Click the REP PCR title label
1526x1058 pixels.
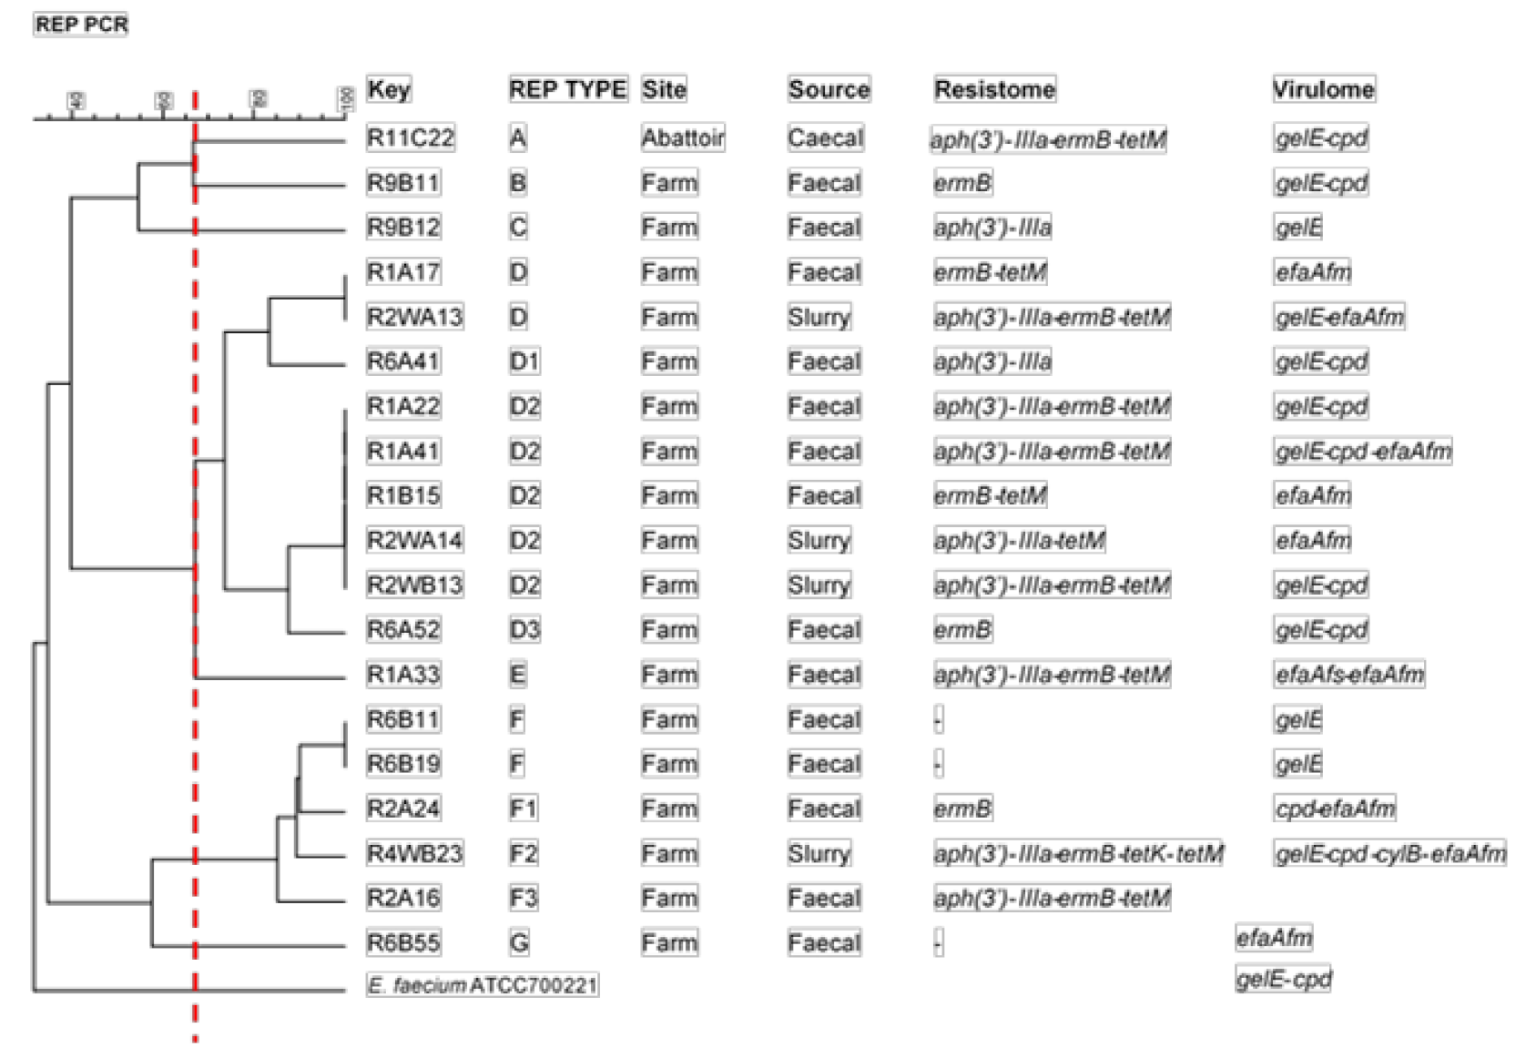coord(81,24)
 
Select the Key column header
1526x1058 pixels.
coord(389,89)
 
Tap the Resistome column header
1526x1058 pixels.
coord(994,89)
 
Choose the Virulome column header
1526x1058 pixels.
coord(1323,89)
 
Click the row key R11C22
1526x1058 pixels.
coord(410,137)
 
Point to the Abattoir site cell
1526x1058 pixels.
coord(683,137)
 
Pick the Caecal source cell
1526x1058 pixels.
coord(825,137)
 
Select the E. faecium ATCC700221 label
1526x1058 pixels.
coord(483,985)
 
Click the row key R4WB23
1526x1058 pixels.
coord(414,853)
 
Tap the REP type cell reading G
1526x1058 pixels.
coord(519,942)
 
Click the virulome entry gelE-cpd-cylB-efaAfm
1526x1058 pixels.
coord(1389,853)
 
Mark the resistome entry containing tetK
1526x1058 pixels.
coord(1078,853)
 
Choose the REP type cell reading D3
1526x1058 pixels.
coord(524,630)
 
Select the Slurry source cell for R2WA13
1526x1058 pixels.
coord(819,317)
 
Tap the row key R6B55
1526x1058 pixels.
coord(403,942)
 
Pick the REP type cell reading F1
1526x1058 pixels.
coord(524,809)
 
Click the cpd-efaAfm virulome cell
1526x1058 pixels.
coord(1335,809)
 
